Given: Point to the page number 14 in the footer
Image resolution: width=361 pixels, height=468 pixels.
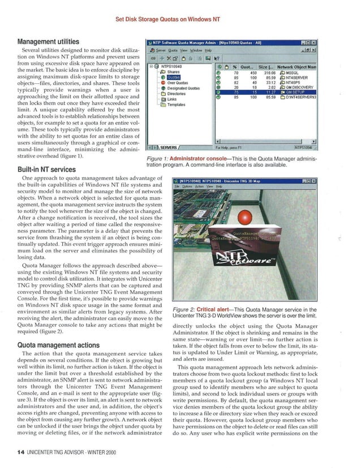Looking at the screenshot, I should (14, 453).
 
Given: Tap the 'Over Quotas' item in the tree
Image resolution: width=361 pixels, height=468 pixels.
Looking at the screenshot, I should (178, 83).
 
